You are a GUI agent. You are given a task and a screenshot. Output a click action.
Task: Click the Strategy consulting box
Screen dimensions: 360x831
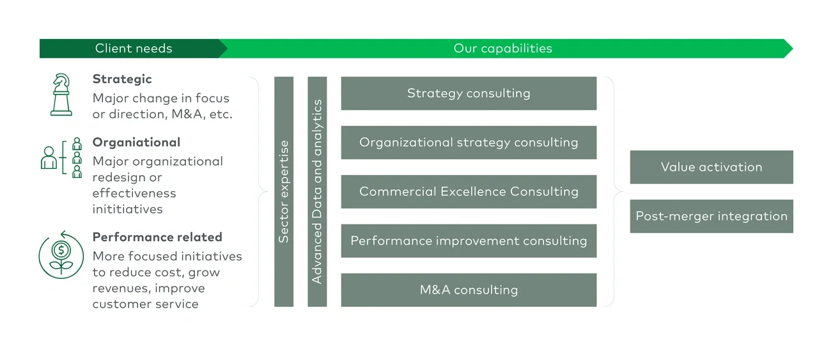469,93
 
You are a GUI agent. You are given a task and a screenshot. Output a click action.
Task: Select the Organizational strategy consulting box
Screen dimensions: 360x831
469,143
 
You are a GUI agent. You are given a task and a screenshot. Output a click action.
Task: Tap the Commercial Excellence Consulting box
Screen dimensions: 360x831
469,192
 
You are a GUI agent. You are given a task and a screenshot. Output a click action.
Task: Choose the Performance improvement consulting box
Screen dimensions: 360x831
469,241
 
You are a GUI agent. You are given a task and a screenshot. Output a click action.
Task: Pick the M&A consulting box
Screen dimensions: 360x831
469,290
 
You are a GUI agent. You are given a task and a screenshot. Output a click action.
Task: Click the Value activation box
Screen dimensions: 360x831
711,167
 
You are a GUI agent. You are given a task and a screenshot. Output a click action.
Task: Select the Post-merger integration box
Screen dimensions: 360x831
711,216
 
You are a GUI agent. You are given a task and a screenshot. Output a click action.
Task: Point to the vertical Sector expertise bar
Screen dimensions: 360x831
284,192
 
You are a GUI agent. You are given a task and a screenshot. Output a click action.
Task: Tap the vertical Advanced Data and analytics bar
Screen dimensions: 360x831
317,192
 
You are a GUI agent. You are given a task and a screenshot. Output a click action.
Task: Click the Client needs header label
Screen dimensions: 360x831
134,49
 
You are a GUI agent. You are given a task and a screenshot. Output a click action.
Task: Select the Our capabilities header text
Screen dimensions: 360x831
502,49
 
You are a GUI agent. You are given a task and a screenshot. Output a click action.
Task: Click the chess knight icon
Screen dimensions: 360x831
61,95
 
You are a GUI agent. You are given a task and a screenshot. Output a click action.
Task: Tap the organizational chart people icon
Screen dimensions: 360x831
61,157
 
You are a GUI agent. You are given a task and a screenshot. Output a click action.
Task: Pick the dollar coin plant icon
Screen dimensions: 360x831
61,254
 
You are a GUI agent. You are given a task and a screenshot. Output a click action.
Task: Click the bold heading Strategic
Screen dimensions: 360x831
122,79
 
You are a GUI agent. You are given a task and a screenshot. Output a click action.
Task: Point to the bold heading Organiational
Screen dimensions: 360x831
136,143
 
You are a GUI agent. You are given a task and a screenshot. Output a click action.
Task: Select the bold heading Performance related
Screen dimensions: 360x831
157,237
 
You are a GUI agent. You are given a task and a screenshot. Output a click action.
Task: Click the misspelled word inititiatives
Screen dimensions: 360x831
127,209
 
